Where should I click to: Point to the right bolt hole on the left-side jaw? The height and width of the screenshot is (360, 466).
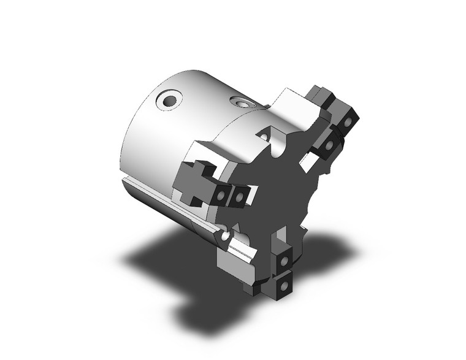[237, 196]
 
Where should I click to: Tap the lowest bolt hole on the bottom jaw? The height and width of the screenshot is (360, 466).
[283, 285]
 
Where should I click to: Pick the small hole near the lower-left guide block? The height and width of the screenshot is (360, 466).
[226, 236]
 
